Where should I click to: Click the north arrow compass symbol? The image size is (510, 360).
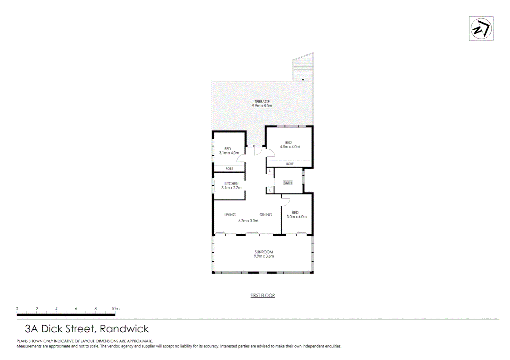click(481, 29)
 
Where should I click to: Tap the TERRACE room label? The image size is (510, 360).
click(262, 102)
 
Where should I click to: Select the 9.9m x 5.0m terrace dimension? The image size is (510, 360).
click(262, 106)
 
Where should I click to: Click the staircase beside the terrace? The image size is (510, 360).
click(303, 68)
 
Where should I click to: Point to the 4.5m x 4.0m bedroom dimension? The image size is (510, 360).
click(290, 147)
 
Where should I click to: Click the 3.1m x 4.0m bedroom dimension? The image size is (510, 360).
click(229, 153)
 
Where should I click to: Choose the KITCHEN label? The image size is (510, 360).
click(231, 184)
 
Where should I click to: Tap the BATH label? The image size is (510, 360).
click(288, 183)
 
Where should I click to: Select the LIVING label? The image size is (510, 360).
click(230, 215)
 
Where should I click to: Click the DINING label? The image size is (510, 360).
click(266, 215)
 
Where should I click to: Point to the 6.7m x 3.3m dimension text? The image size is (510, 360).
click(248, 221)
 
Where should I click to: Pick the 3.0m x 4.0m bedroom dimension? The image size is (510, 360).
click(297, 217)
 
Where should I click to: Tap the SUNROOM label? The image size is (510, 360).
click(264, 252)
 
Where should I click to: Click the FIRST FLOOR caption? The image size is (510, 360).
click(263, 295)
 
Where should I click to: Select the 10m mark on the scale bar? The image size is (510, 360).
click(115, 309)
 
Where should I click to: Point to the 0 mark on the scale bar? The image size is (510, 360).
click(17, 309)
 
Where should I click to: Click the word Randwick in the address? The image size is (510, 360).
click(124, 329)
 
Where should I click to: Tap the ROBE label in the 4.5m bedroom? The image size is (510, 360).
click(290, 164)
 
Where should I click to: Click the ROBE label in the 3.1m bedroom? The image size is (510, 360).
click(229, 169)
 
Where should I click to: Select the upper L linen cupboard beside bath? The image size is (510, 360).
click(270, 171)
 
